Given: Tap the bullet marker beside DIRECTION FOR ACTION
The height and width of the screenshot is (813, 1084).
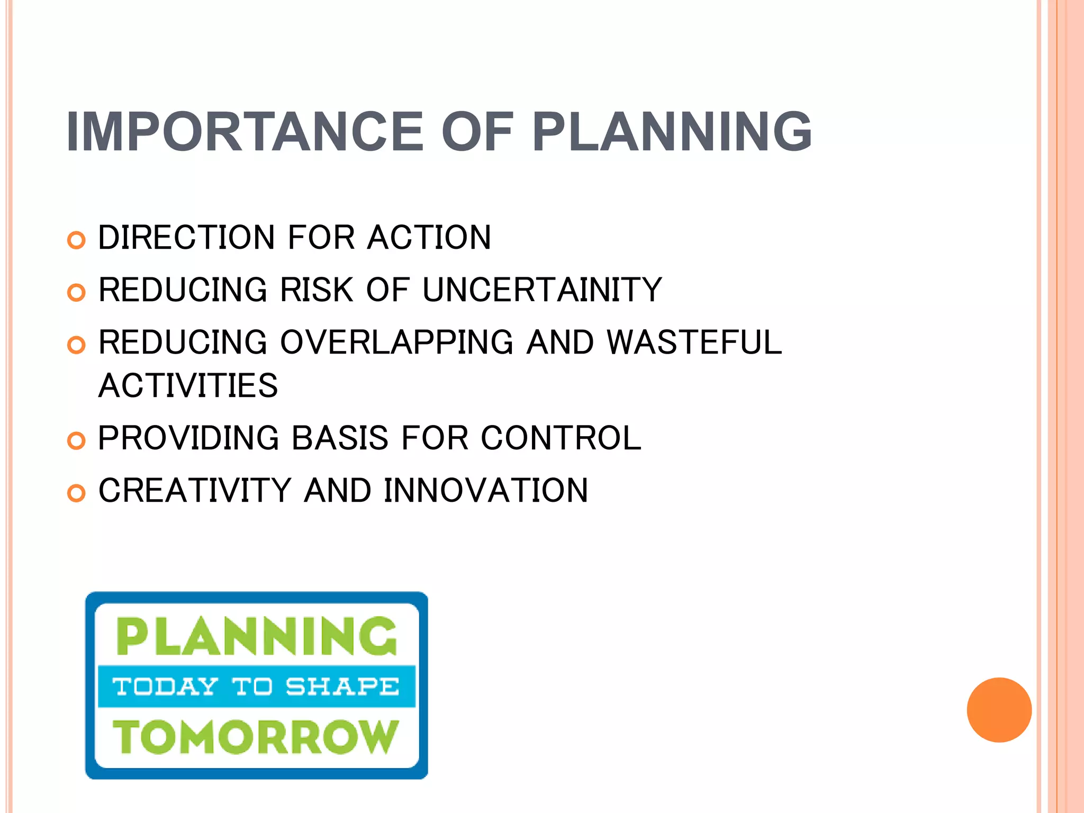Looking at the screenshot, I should point(76,240).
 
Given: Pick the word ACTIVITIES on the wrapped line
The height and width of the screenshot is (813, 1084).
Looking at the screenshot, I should point(188,385).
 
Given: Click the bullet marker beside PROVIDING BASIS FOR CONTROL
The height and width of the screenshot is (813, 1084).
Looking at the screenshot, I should point(76,441).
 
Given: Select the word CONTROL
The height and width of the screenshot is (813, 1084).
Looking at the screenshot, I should point(561,438).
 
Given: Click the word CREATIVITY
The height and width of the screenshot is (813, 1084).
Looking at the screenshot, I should point(195,491).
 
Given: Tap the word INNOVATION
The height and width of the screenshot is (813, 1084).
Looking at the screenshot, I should point(485,491).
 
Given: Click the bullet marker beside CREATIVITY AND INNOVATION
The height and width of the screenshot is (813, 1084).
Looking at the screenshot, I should point(76,493).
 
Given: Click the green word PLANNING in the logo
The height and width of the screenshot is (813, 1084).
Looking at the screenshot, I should point(256,636).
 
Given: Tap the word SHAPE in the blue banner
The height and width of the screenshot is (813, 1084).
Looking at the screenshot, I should point(342,686).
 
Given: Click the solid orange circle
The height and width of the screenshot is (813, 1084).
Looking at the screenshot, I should point(999,710).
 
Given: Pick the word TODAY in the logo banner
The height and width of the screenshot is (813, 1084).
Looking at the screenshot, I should point(165,686).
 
